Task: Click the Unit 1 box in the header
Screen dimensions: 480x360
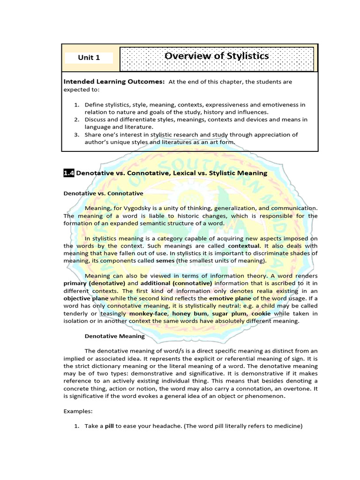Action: [x=89, y=58]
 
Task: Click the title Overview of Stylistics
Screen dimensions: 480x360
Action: [x=217, y=56]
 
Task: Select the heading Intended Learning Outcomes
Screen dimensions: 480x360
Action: [x=114, y=82]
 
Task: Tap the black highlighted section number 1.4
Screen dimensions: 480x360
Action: [x=68, y=173]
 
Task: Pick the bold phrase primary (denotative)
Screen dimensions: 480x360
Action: [x=90, y=283]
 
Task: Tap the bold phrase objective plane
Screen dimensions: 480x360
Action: [x=86, y=298]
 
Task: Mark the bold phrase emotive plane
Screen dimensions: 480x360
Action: [x=230, y=298]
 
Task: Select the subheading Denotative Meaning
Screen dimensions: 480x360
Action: [x=114, y=336]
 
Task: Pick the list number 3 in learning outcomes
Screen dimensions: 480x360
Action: [x=77, y=135]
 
